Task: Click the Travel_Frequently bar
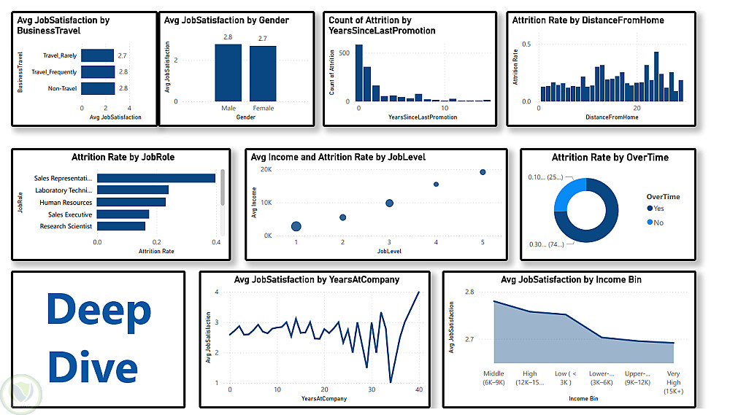[98, 71]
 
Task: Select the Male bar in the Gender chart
[228, 72]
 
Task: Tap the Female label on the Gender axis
[263, 109]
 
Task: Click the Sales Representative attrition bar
[156, 178]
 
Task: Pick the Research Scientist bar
[121, 226]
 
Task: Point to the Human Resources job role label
[66, 202]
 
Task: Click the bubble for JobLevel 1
[296, 227]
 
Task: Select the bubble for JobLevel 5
[483, 172]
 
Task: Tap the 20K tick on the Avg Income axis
[267, 169]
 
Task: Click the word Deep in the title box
[99, 312]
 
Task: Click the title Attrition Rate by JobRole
[123, 157]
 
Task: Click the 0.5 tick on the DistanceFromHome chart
[526, 44]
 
